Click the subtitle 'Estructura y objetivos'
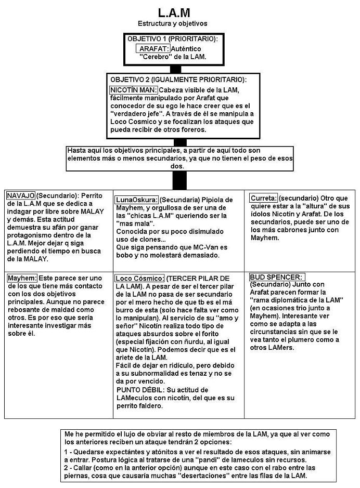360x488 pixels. (x=173, y=23)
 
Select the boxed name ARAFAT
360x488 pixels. (x=151, y=48)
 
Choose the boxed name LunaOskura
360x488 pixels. (x=136, y=200)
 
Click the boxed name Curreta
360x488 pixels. (x=263, y=199)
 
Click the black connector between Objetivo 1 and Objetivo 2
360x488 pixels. (x=175, y=69)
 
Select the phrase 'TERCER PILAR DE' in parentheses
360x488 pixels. (x=201, y=278)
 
